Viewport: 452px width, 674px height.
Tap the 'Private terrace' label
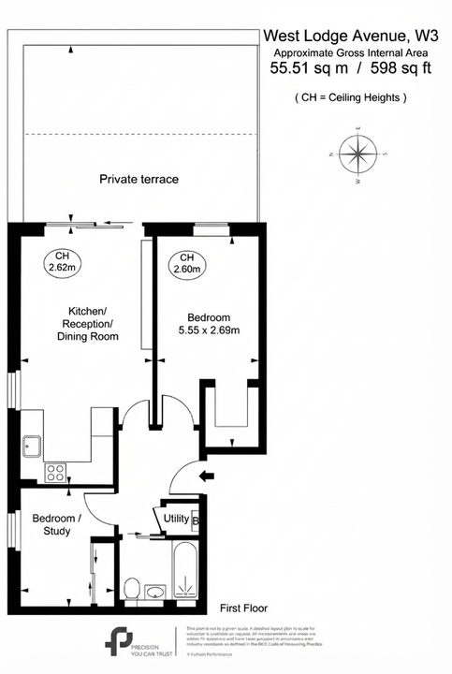[139, 179]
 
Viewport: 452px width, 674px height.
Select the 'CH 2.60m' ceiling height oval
[186, 264]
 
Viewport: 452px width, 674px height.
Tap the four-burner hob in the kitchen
[55, 473]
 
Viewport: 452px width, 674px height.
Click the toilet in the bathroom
[132, 589]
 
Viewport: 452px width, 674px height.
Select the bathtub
[186, 570]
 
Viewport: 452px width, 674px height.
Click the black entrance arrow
[206, 476]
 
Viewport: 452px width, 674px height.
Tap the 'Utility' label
[176, 518]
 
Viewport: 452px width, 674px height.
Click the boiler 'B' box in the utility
[195, 519]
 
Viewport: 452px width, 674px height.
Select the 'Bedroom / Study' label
[56, 524]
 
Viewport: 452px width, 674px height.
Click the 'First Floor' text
[242, 607]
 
